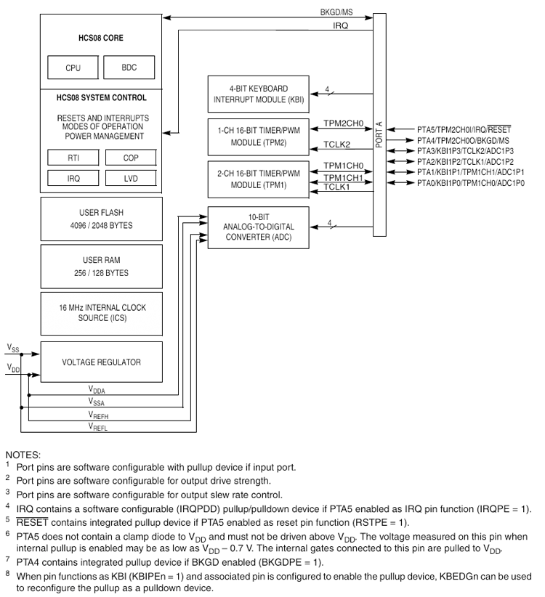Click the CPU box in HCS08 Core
(x=73, y=68)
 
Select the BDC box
(x=129, y=68)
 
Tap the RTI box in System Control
(x=73, y=158)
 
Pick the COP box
(x=131, y=158)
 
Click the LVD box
(x=131, y=177)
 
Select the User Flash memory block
(x=101, y=219)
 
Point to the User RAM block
(x=101, y=266)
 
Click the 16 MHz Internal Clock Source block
(x=101, y=312)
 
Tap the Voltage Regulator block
(x=101, y=361)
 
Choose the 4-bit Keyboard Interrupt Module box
(x=258, y=93)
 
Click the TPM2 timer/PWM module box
(x=258, y=137)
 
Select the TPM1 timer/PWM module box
(x=258, y=179)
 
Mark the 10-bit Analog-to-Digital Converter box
(x=258, y=227)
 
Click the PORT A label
(x=379, y=134)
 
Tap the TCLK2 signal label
(x=337, y=144)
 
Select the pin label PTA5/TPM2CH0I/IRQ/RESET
(x=464, y=129)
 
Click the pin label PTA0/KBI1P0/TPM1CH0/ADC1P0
(x=470, y=183)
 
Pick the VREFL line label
(x=100, y=428)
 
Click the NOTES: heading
(x=23, y=455)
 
